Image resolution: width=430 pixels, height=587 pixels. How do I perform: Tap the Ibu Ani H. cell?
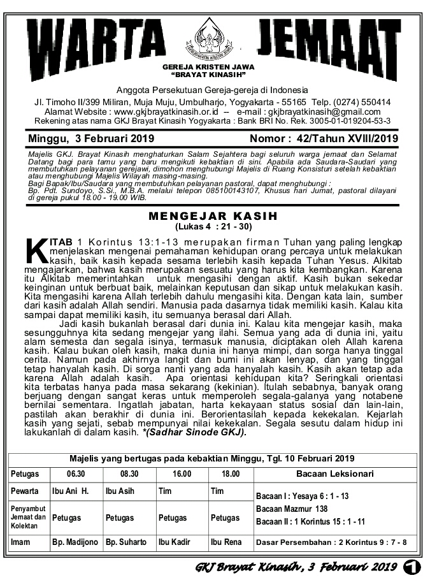click(69, 491)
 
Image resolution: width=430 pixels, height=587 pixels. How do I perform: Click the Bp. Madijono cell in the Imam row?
click(75, 542)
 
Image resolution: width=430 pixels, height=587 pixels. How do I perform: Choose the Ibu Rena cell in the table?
click(226, 542)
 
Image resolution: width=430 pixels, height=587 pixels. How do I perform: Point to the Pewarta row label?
click(25, 491)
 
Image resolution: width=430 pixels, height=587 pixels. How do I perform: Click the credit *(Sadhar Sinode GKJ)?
click(194, 431)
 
